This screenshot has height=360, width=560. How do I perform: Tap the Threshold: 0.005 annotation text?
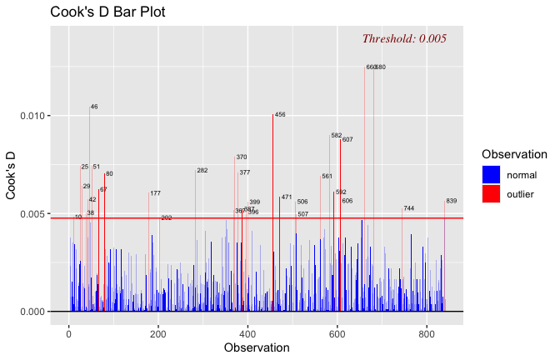[404, 38]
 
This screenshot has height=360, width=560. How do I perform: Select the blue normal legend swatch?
[492, 175]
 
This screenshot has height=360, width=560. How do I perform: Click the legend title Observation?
[514, 154]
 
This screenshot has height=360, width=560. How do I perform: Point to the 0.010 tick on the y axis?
[32, 116]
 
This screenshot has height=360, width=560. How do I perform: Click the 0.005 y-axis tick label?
[32, 214]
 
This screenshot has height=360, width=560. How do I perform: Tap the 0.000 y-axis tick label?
[32, 312]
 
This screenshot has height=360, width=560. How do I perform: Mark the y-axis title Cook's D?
[12, 176]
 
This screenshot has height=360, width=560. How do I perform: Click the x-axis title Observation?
[257, 347]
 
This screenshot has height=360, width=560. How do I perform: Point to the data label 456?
[280, 114]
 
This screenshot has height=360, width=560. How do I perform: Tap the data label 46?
[94, 107]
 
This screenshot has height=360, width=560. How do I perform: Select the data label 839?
[452, 201]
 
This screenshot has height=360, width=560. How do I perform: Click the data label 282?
[202, 171]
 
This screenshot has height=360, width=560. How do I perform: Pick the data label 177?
[156, 193]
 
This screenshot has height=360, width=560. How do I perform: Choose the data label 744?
[409, 208]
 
